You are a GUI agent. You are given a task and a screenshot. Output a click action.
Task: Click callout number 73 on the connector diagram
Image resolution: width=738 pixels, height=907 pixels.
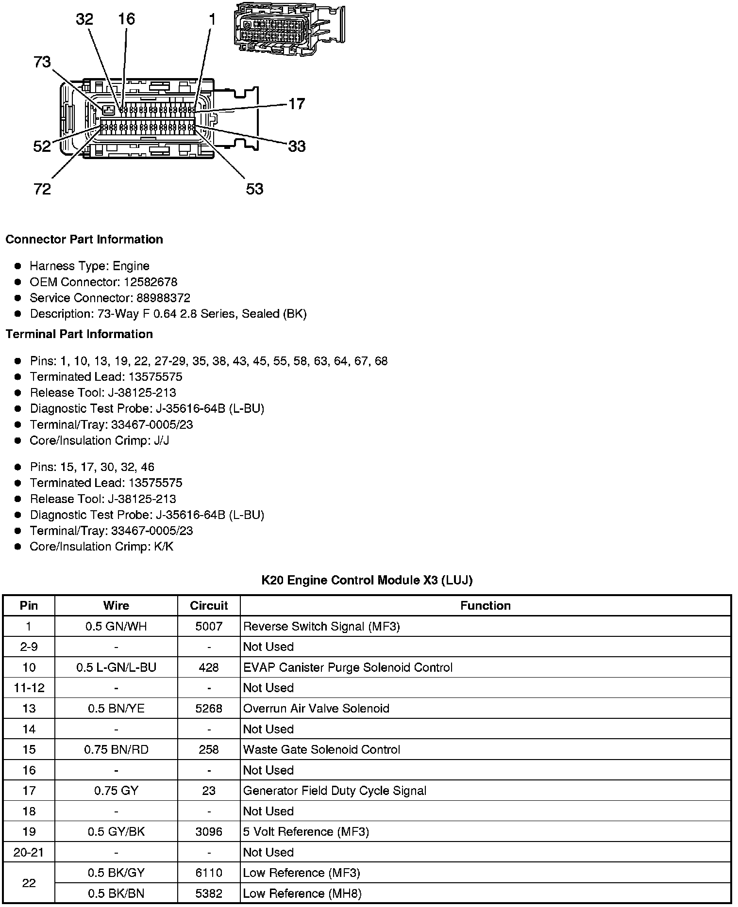[x=42, y=62]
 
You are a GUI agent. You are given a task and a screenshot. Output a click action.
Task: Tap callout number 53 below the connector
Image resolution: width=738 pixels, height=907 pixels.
[x=254, y=189]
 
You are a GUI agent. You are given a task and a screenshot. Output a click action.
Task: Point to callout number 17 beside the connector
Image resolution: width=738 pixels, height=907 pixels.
[x=297, y=104]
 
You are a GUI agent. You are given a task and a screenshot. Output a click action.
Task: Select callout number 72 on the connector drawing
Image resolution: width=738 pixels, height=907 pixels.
[x=42, y=189]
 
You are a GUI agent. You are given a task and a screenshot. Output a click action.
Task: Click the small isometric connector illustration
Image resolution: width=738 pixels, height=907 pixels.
[x=289, y=28]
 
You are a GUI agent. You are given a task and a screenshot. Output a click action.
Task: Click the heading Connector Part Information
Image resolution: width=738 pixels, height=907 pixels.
[x=84, y=240]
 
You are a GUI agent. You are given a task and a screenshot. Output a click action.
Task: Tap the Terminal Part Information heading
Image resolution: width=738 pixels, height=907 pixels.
[x=79, y=334]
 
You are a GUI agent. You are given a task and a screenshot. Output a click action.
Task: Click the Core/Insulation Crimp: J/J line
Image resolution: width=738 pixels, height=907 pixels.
[x=99, y=440]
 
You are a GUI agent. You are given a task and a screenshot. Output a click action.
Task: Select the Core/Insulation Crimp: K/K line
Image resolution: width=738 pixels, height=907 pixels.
[x=101, y=547]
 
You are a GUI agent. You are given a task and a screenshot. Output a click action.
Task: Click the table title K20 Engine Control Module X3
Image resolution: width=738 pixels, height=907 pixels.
[x=367, y=580]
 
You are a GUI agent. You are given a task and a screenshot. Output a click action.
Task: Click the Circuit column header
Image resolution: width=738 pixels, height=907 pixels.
[x=209, y=606]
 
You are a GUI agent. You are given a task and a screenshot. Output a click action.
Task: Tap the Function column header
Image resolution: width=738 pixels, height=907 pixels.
[x=485, y=606]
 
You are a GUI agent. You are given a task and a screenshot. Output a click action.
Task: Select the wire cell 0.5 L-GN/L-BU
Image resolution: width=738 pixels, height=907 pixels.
[x=116, y=667]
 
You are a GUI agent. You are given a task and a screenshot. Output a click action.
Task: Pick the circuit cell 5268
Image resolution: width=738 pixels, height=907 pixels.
[x=209, y=709]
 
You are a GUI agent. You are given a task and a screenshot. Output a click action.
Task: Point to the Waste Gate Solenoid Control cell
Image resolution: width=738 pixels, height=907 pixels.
[x=321, y=750]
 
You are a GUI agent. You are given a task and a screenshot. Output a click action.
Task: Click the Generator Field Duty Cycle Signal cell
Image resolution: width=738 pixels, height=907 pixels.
[x=335, y=791]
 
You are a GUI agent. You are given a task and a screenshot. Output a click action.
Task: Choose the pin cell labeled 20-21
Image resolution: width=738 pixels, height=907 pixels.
[x=29, y=853]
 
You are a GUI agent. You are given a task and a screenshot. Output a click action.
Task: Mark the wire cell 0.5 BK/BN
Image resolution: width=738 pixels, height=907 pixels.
[x=116, y=893]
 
